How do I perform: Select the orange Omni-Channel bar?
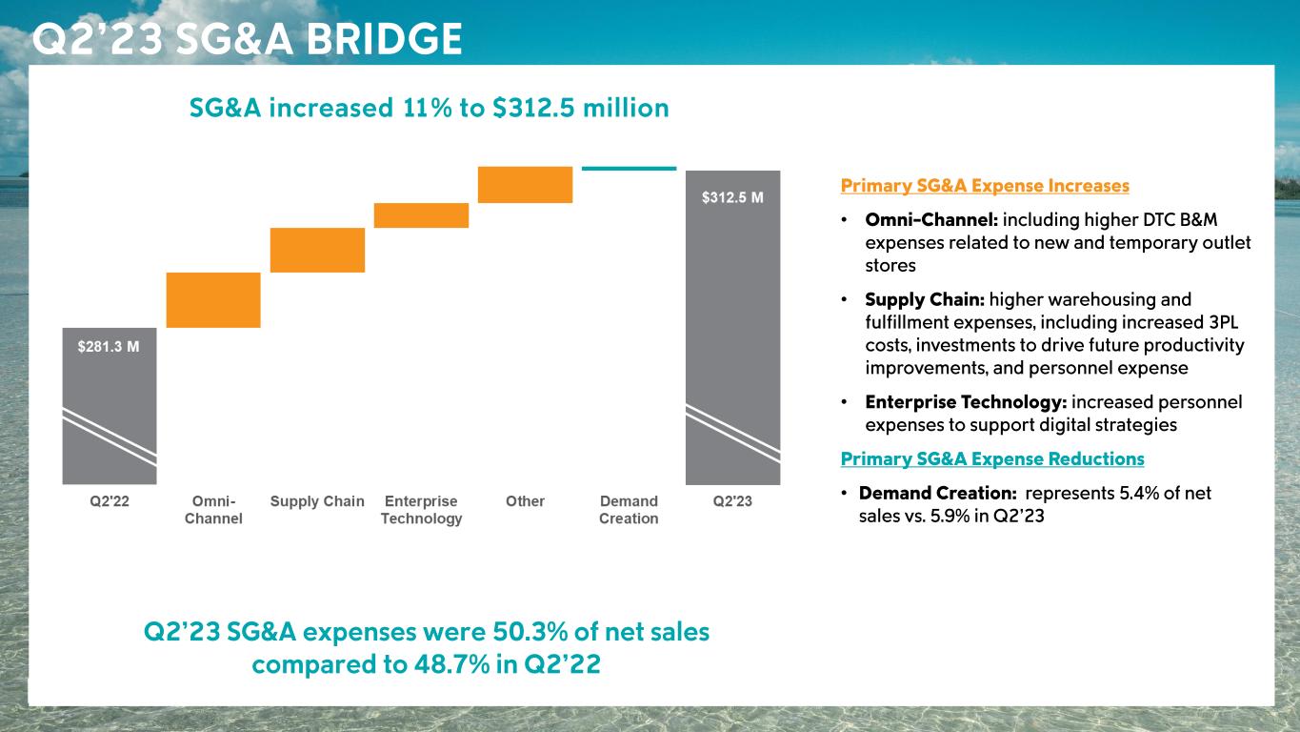213,300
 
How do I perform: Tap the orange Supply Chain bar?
317,250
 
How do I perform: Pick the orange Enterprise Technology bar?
421,215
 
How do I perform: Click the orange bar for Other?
525,185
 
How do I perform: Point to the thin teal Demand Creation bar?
629,169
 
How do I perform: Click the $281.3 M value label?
109,347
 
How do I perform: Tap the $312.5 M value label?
732,197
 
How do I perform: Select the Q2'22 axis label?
110,501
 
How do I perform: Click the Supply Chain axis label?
317,501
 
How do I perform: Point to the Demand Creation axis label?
629,510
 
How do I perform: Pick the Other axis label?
525,501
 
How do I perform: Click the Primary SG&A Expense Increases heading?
985,186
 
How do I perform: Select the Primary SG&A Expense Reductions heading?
992,459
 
